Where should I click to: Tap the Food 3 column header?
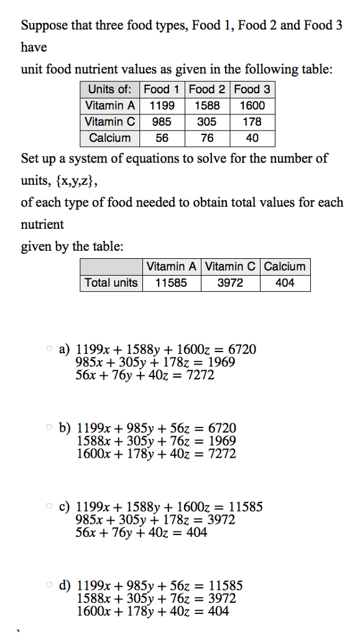click(x=252, y=89)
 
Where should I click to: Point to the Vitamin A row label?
click(x=110, y=105)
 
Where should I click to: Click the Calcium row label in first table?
click(x=110, y=138)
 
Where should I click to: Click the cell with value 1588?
click(x=207, y=105)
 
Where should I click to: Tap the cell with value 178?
click(x=252, y=122)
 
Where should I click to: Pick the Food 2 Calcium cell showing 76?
click(x=207, y=138)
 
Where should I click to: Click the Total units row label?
click(x=111, y=283)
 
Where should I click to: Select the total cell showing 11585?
click(x=171, y=283)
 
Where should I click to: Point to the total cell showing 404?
click(x=285, y=283)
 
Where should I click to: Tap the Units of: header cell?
click(x=110, y=89)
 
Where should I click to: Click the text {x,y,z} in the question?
click(x=74, y=180)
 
